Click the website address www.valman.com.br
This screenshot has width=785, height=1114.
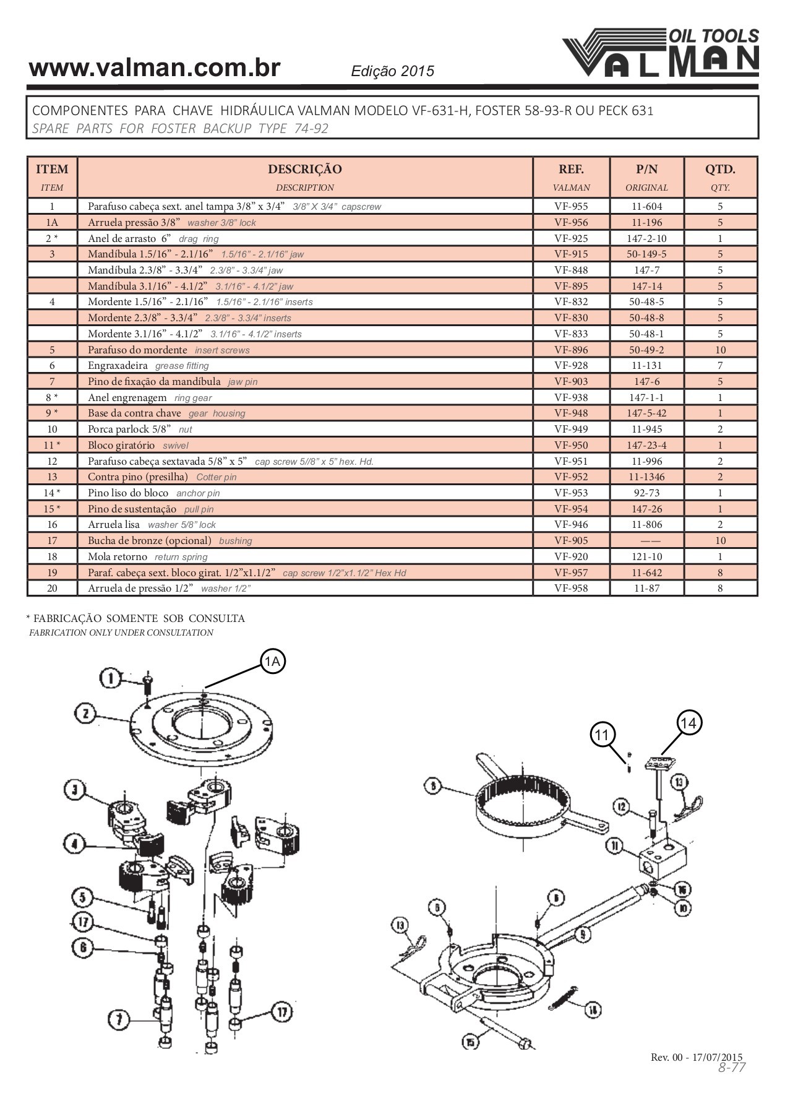point(155,68)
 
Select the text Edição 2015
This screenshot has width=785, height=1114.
point(392,71)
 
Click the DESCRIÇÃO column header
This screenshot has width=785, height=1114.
point(304,170)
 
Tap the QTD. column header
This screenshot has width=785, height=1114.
point(720,170)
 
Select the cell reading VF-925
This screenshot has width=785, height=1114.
point(571,238)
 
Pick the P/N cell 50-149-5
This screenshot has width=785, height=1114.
point(646,254)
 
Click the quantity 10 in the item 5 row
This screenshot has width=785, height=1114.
point(720,350)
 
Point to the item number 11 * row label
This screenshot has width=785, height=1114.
point(52,445)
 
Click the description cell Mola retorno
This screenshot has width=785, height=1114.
point(118,556)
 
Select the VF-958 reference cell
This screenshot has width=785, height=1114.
point(571,588)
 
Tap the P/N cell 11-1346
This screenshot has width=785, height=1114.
point(646,477)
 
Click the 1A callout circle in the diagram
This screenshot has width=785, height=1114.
point(272,661)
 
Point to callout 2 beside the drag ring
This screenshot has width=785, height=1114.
point(85,714)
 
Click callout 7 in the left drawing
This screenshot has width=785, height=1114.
point(119,1019)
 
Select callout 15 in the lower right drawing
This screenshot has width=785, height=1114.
point(471,1042)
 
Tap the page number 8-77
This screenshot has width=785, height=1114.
point(732,1068)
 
